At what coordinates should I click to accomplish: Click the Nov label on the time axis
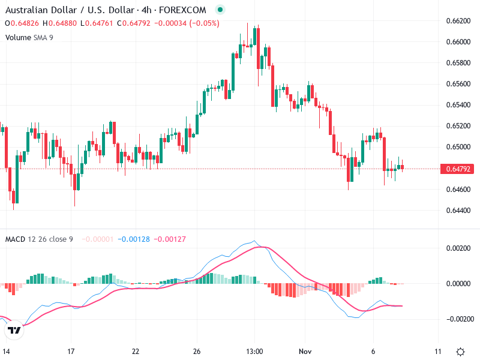tap(305, 351)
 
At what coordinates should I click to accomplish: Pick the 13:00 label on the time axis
tap(254, 351)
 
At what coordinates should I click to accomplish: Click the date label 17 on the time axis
tap(71, 351)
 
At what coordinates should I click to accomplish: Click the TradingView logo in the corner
tap(14, 330)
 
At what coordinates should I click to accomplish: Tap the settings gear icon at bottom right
tap(460, 352)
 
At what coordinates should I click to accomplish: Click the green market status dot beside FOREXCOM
tap(220, 10)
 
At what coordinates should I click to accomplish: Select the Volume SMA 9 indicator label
tap(29, 37)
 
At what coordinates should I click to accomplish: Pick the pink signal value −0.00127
tap(170, 239)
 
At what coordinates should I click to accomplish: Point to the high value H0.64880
tap(58, 23)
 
